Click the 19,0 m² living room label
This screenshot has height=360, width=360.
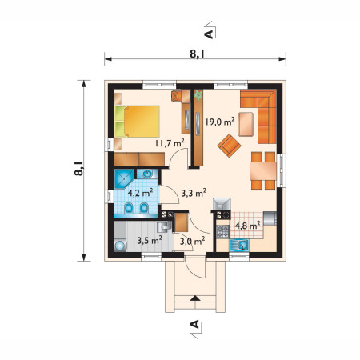(x=220, y=122)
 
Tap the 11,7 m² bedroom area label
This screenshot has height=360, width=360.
(x=170, y=143)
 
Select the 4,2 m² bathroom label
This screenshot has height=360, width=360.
(x=140, y=193)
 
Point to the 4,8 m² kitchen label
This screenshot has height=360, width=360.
(x=247, y=226)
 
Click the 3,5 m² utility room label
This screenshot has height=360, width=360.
(x=150, y=241)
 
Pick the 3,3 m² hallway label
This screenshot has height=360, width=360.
(x=194, y=193)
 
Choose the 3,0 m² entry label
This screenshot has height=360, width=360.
(x=193, y=242)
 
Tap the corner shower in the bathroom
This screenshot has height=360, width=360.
(x=124, y=179)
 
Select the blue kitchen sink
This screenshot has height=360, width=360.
(x=239, y=245)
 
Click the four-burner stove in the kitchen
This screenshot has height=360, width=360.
(x=222, y=231)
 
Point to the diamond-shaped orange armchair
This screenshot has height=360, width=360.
(x=230, y=146)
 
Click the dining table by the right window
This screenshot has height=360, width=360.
(x=263, y=171)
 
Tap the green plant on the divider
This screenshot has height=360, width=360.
(x=198, y=95)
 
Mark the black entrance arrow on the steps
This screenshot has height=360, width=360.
(x=195, y=298)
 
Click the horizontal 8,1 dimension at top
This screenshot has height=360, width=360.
(x=195, y=59)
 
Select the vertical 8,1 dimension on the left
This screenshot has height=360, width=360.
(x=84, y=170)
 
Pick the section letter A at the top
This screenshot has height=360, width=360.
(x=210, y=34)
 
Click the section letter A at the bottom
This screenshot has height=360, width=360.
(x=195, y=324)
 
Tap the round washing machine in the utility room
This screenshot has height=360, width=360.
(x=120, y=245)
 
